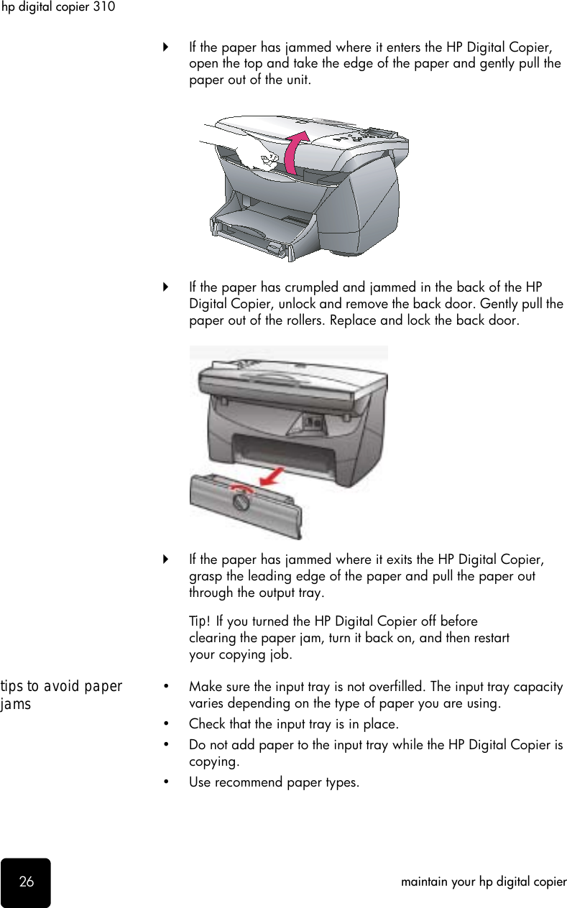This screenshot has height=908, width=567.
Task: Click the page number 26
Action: (x=26, y=881)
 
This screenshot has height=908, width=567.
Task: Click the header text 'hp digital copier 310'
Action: (x=57, y=7)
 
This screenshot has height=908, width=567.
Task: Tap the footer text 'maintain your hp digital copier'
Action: (x=484, y=881)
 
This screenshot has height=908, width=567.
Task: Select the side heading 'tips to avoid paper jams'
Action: (x=61, y=695)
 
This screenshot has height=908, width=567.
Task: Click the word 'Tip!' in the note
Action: (x=200, y=621)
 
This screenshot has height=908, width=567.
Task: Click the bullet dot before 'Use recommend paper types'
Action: (x=167, y=782)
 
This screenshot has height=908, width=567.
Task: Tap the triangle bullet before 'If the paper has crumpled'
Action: (x=166, y=287)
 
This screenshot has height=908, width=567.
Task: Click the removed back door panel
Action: (x=244, y=506)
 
